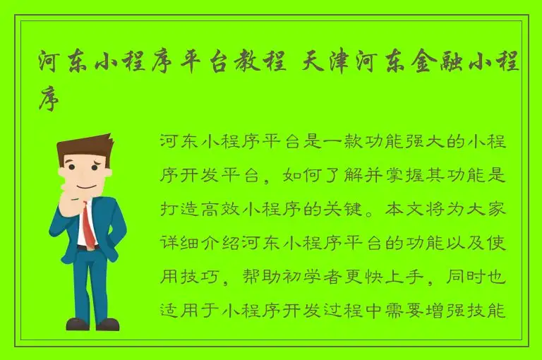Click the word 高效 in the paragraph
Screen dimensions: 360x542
pos(230,209)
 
